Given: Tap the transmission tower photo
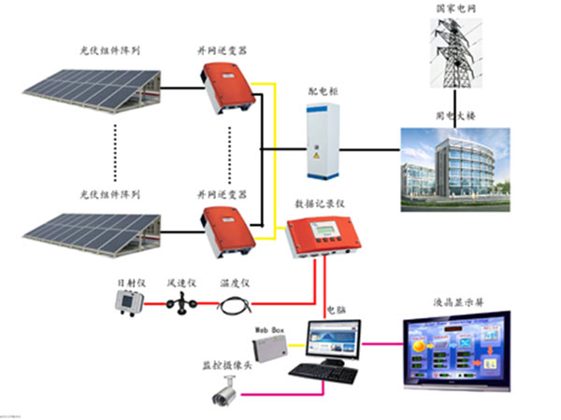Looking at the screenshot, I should point(456,51).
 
